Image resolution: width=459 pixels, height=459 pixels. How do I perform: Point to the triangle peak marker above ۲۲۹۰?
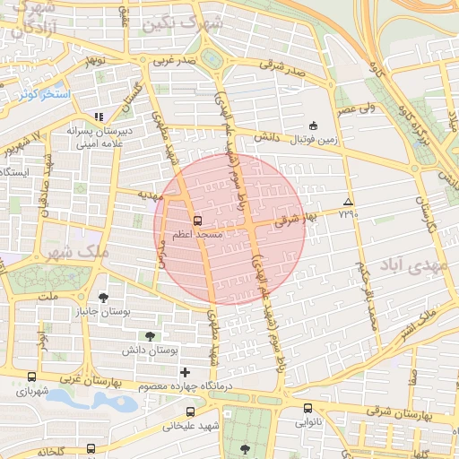(x=348, y=202)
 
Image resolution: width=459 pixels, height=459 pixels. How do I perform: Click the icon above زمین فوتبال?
(x=313, y=126)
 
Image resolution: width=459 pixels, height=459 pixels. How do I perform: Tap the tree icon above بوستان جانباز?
(x=105, y=297)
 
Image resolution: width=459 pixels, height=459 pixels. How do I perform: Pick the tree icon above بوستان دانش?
(x=162, y=333)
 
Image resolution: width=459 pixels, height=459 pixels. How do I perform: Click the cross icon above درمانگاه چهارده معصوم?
(x=185, y=372)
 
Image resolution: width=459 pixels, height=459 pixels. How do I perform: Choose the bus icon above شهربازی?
(x=32, y=377)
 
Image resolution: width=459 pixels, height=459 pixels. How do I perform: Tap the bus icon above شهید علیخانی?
(x=189, y=411)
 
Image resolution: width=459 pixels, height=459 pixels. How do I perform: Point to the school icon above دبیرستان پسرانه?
(x=99, y=117)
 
